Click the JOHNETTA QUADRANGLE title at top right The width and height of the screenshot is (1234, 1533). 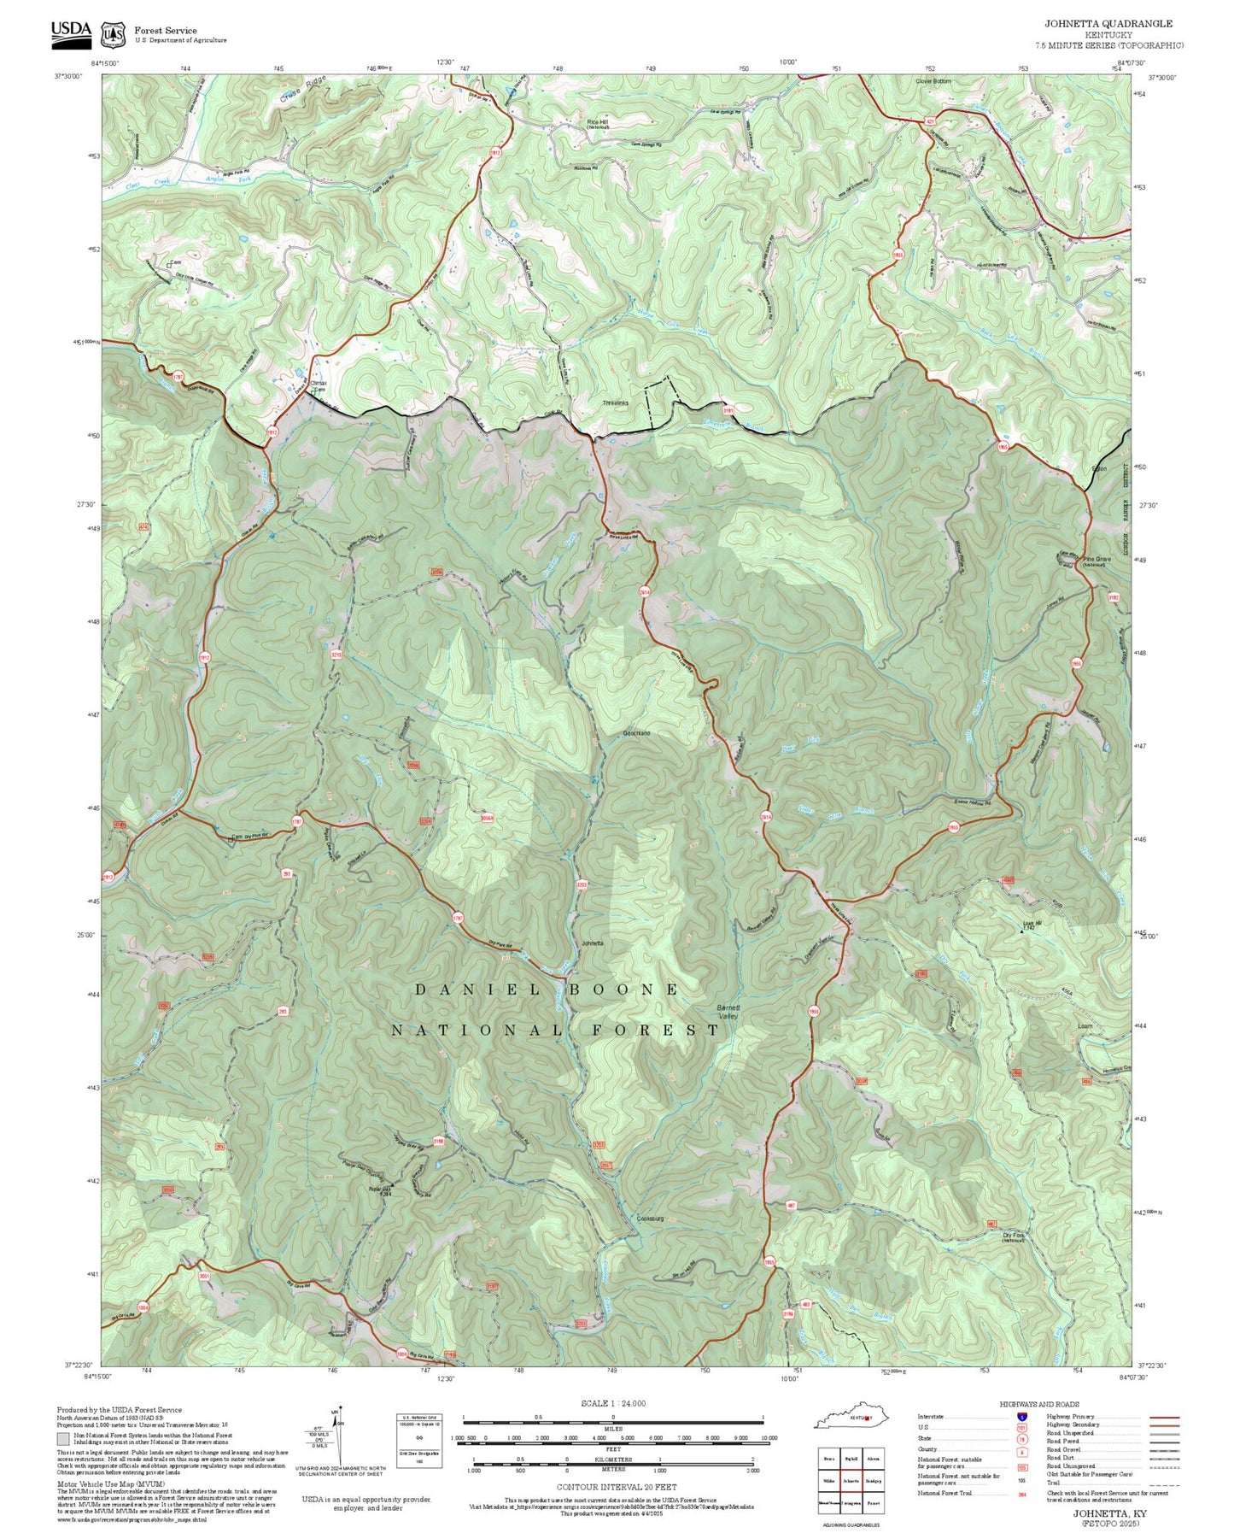point(1108,24)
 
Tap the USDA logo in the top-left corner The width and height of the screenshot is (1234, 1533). point(71,32)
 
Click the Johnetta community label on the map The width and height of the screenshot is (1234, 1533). point(592,943)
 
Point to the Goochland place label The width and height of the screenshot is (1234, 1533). point(636,733)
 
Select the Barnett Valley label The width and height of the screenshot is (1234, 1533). point(728,1012)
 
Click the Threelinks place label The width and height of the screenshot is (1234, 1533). point(615,402)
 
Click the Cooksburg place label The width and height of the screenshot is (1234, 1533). point(650,1219)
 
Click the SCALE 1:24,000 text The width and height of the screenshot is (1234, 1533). point(612,1403)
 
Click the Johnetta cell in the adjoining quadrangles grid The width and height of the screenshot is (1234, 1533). point(851,1480)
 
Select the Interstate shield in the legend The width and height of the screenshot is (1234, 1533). point(1021,1416)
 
